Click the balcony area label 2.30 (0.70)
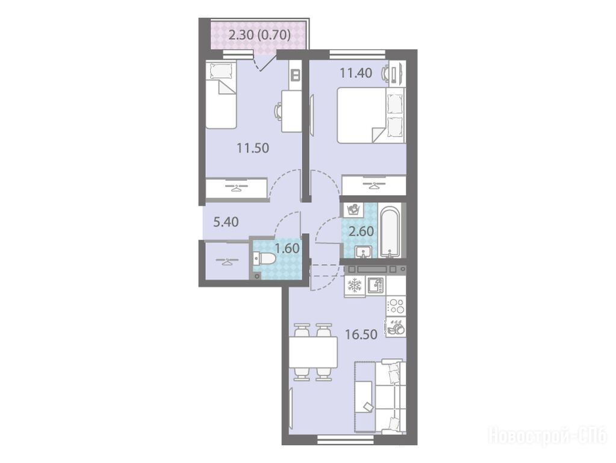(260, 36)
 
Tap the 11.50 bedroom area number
(253, 148)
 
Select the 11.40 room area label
(356, 73)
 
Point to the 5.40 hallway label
(226, 222)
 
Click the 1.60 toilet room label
(287, 248)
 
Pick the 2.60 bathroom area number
(361, 231)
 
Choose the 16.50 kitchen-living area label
(361, 335)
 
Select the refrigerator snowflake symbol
(355, 286)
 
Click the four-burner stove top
(396, 306)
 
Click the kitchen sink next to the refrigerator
(375, 286)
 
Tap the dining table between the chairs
(313, 352)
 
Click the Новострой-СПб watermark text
(547, 436)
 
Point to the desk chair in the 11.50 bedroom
(278, 110)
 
